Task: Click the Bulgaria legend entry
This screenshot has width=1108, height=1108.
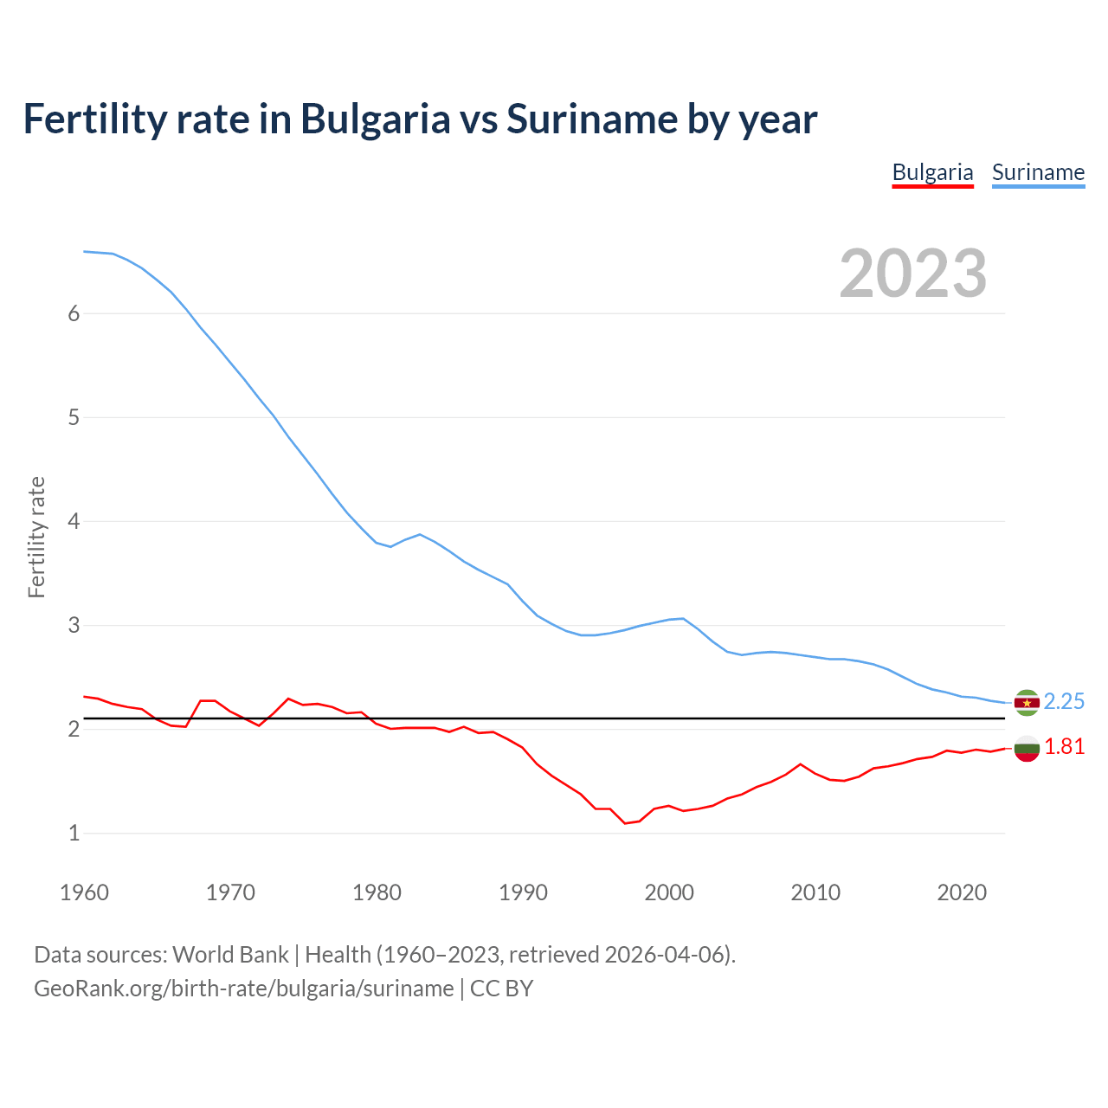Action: pos(932,172)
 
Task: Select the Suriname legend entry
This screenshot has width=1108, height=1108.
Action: pos(1038,172)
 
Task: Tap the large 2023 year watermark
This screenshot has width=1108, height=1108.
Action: pos(912,274)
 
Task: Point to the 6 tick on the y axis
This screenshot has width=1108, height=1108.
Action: pos(74,314)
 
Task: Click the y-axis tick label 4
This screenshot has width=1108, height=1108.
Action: pos(74,522)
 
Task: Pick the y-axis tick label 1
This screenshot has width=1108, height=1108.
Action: pos(74,834)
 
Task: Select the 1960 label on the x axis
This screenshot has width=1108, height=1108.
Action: pos(84,892)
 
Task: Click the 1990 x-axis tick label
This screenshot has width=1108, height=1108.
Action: pos(523,892)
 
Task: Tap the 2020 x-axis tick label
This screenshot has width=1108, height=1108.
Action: pos(962,892)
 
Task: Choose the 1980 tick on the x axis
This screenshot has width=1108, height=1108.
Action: pos(377,892)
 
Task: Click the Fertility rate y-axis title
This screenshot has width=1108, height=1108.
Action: pos(36,537)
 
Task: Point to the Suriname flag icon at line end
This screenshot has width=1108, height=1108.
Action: pos(1027,702)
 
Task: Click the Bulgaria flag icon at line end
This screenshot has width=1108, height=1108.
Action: pos(1027,748)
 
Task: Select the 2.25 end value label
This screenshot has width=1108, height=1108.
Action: pos(1064,701)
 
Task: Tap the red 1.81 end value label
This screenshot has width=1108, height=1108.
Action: pos(1064,747)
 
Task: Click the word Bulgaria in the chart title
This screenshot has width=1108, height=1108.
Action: pos(375,119)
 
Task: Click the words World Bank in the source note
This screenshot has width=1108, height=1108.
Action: pos(230,955)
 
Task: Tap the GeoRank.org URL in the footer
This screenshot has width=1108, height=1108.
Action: pos(243,989)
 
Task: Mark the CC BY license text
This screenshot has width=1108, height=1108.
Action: pos(502,989)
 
